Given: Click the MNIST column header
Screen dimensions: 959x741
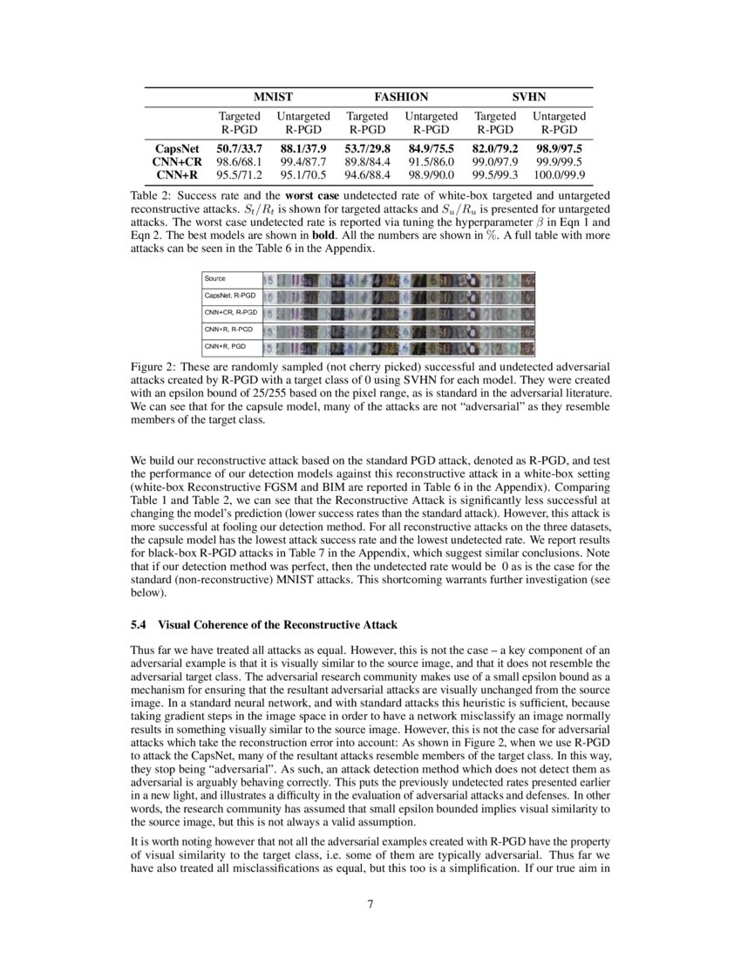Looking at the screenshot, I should click(x=272, y=98).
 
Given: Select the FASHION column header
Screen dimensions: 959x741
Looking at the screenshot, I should click(x=401, y=98).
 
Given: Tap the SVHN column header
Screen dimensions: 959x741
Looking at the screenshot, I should click(x=529, y=98).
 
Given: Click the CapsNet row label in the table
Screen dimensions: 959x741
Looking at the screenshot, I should click(x=179, y=149).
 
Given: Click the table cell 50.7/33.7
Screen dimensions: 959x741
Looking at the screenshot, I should click(x=239, y=149).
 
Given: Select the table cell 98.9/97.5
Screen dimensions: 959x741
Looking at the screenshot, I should click(x=559, y=149).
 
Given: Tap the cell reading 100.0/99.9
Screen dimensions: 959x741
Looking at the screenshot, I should click(x=559, y=174).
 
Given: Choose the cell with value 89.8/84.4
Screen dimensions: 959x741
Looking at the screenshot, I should click(x=367, y=161).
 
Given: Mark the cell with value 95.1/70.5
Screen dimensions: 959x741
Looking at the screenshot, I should click(x=303, y=174).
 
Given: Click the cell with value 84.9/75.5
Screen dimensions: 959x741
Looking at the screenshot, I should click(x=431, y=149).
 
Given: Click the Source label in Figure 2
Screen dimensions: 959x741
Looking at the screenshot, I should click(x=215, y=279).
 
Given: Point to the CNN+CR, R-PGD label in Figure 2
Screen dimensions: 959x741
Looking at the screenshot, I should click(x=231, y=312).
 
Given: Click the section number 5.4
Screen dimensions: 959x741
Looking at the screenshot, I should click(x=139, y=624).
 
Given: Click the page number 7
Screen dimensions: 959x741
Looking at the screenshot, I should click(x=370, y=903).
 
